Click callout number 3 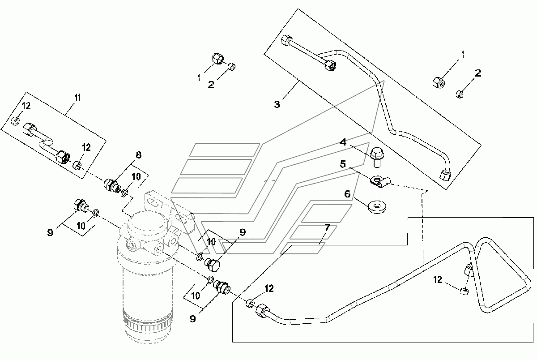[x=277, y=104]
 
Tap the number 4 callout [x=343, y=142]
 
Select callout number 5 [x=343, y=164]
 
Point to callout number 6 [x=347, y=194]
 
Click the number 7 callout [x=327, y=227]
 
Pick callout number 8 [x=139, y=155]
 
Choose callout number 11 [x=77, y=98]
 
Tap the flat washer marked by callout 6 [x=377, y=207]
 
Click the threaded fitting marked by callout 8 [x=112, y=186]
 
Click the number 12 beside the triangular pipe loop [x=438, y=279]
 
